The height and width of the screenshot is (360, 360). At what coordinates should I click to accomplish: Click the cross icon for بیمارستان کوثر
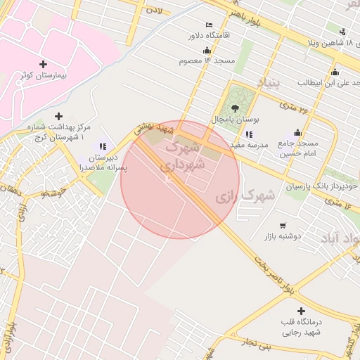point(44,64)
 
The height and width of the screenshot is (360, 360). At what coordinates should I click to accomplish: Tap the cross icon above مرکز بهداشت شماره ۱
point(58,116)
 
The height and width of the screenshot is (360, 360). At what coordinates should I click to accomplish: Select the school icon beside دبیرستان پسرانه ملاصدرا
point(103,146)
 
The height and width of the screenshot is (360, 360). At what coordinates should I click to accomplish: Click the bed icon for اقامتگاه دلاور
point(209,25)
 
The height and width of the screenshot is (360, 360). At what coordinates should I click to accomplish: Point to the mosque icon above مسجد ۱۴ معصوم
point(206,51)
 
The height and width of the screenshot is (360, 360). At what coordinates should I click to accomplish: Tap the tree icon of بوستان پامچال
point(235,109)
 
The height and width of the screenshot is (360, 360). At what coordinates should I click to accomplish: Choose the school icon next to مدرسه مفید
point(248,134)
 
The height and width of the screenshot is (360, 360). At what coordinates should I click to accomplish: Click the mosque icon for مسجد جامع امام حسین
point(297,132)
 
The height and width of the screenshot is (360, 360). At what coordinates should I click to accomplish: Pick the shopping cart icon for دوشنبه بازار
point(282,226)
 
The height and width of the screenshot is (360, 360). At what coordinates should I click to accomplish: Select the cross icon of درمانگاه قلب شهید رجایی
point(302,311)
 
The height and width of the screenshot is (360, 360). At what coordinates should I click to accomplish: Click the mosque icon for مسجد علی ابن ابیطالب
point(335,72)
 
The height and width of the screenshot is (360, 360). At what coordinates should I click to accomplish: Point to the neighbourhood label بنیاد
point(270,86)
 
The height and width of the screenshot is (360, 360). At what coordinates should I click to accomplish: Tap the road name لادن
point(153,11)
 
